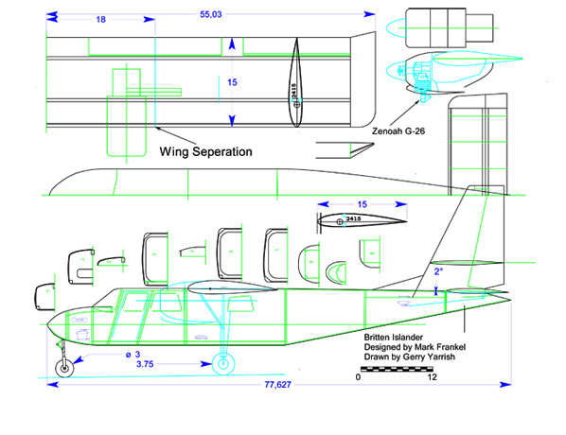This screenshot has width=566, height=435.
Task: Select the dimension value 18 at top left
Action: (x=99, y=19)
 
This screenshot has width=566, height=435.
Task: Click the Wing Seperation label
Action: (x=204, y=150)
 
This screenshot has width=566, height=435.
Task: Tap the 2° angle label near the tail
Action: (x=436, y=270)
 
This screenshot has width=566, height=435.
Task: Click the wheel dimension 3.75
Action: (x=146, y=364)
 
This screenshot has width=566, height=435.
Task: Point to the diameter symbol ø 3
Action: (x=143, y=353)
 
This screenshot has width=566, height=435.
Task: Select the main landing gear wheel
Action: (x=224, y=363)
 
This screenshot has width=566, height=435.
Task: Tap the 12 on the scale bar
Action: (x=433, y=377)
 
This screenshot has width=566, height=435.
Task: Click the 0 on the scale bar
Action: (x=358, y=377)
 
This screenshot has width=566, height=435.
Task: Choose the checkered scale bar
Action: (x=395, y=367)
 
